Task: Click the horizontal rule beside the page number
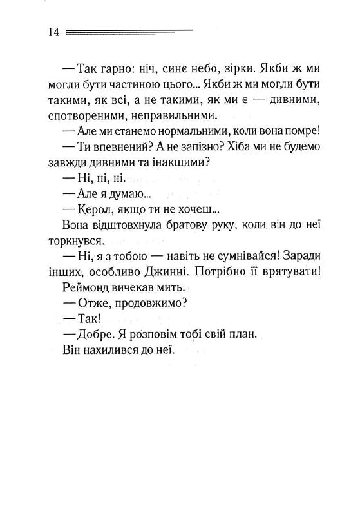(x=129, y=31)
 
